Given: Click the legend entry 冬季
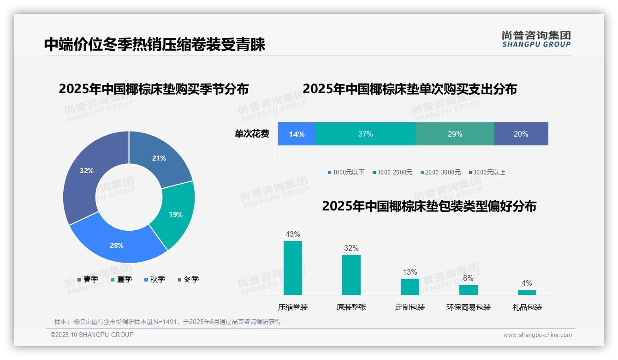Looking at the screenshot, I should point(188,279).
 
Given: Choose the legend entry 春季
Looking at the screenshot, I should point(88,279).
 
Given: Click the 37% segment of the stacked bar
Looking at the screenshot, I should point(365,134).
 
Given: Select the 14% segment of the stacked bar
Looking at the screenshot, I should point(297,134).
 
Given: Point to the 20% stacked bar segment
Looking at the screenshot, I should point(521,134).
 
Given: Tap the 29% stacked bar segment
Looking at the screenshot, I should point(455,134).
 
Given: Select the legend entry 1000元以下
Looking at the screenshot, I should point(346,172).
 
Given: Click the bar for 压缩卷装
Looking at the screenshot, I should point(293,268).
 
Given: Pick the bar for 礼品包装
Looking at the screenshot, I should point(527,292).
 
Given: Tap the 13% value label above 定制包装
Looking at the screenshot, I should point(410,272).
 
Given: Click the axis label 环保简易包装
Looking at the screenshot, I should point(468,307).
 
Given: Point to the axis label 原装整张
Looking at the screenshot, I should point(351,307).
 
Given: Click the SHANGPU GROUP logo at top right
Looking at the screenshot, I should point(536,39).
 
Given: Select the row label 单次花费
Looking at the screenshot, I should point(252,134).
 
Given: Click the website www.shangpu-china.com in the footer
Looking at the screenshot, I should point(537,335).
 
